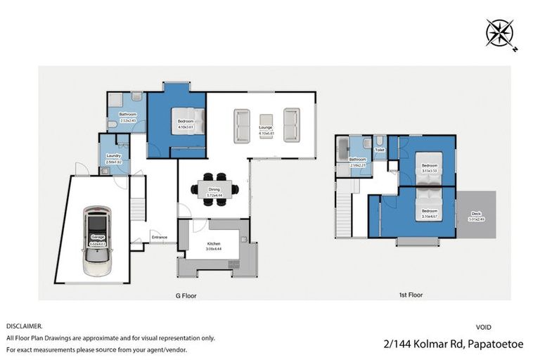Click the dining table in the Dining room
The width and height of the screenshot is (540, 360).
coord(214,188)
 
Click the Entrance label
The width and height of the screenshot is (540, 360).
coord(160,237)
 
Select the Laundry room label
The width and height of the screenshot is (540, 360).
coord(114,157)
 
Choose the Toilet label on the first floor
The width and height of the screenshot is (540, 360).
coord(380,150)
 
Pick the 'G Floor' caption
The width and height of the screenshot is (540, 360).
coord(185,296)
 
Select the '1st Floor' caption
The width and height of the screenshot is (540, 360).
coord(410,295)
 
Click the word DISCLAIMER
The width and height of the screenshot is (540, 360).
coord(24,327)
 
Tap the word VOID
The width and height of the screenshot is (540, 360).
coord(484,327)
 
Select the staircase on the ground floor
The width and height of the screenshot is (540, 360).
coord(139,200)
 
